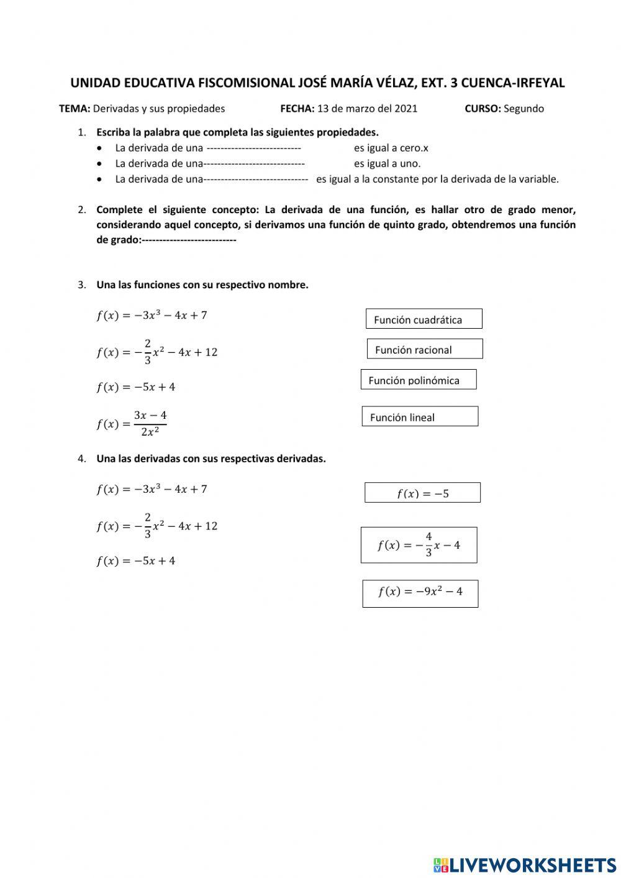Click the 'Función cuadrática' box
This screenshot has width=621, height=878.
point(424,319)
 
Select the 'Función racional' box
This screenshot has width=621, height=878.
point(424,349)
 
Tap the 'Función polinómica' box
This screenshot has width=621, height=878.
point(418,380)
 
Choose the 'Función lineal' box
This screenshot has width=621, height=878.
point(420,417)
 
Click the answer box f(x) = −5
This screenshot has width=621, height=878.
point(422,493)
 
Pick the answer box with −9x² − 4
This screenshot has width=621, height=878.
point(420,593)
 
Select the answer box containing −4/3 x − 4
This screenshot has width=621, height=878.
point(419,545)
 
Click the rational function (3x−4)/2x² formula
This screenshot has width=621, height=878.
point(132,423)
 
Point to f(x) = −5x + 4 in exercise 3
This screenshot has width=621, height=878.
point(135,386)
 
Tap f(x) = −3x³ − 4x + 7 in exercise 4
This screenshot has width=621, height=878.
point(152,489)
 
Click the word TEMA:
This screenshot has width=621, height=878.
point(75,109)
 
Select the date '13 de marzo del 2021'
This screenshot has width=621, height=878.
point(367,109)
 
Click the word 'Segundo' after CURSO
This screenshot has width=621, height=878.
point(524,109)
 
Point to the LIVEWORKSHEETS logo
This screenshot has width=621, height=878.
point(524,864)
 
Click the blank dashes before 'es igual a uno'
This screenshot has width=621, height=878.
point(254,163)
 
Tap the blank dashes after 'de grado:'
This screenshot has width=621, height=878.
point(189,240)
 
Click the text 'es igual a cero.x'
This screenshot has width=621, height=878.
point(391,148)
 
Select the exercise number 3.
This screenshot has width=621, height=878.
point(81,285)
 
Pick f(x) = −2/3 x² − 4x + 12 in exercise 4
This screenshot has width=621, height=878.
point(156,526)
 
